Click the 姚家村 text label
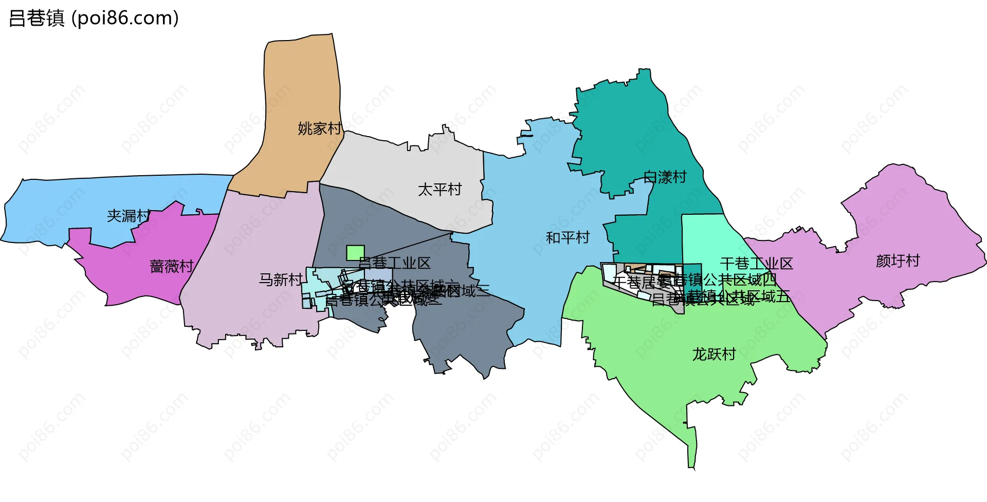click(319, 128)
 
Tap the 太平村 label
click(440, 190)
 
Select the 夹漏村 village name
click(129, 216)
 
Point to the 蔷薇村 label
click(171, 266)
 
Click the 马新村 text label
click(280, 280)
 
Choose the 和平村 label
click(568, 238)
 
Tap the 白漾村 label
click(665, 177)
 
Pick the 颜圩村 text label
click(898, 261)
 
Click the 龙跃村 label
click(714, 354)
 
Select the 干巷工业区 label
click(756, 264)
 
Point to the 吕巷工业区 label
click(394, 263)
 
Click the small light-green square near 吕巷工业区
click(355, 253)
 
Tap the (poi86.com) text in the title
click(125, 18)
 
